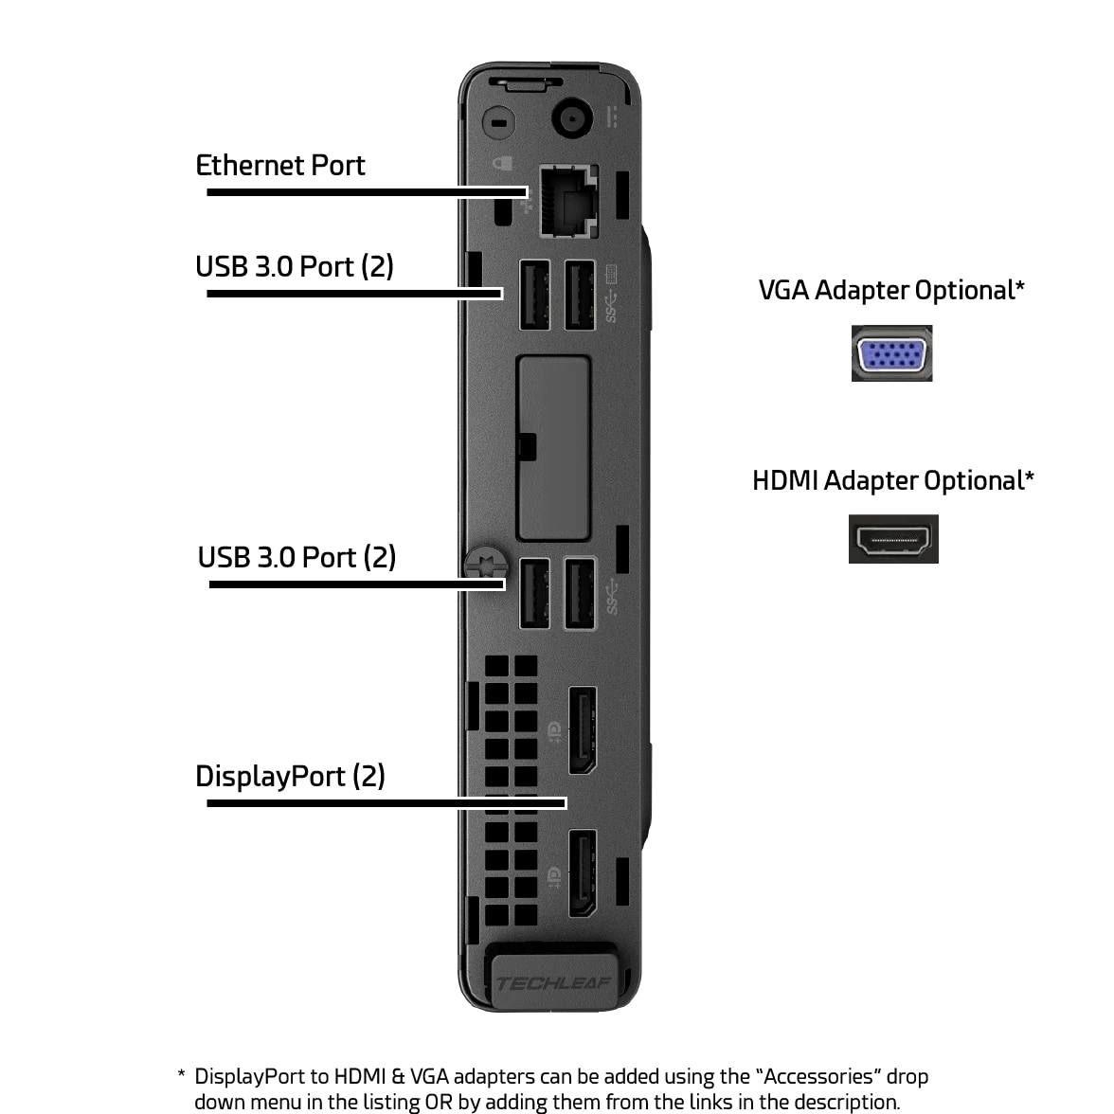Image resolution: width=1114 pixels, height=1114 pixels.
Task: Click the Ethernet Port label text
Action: coord(279,166)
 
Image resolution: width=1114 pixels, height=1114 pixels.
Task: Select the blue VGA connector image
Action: coord(891,353)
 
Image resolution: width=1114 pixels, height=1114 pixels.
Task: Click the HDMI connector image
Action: coord(893,540)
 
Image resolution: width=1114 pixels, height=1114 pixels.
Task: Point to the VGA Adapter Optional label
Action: coord(890,290)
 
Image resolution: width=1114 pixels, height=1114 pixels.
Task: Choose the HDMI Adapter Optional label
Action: coord(892,480)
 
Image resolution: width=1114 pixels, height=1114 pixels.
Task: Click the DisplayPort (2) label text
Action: coord(290,777)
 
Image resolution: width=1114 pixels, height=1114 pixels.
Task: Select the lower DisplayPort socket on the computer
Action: coord(582,873)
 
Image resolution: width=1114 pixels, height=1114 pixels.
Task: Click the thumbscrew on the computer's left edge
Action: coord(485,566)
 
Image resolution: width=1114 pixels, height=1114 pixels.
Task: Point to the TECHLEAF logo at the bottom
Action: coord(553,983)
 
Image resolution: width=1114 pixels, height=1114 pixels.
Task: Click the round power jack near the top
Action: coord(571,119)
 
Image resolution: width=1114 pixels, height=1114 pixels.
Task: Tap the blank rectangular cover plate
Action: coord(554,445)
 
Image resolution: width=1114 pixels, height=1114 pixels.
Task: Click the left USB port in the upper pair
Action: coord(534,296)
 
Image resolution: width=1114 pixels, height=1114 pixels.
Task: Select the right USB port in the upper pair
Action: coord(580,296)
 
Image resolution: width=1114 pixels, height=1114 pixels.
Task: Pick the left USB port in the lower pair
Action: coord(534,594)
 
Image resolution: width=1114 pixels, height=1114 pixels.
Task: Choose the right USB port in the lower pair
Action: coord(580,594)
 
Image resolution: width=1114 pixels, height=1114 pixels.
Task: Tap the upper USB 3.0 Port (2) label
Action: coord(294,267)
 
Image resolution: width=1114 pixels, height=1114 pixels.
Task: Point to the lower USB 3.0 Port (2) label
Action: coord(296,558)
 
